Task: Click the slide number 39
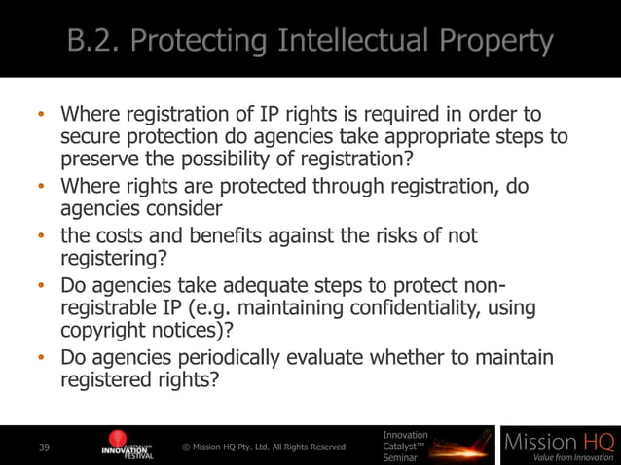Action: pos(44,447)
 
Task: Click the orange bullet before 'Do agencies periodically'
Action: pos(42,358)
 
